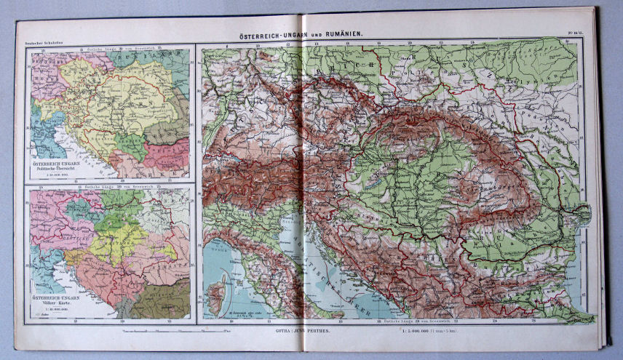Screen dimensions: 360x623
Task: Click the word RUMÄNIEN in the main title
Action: click(x=342, y=33)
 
